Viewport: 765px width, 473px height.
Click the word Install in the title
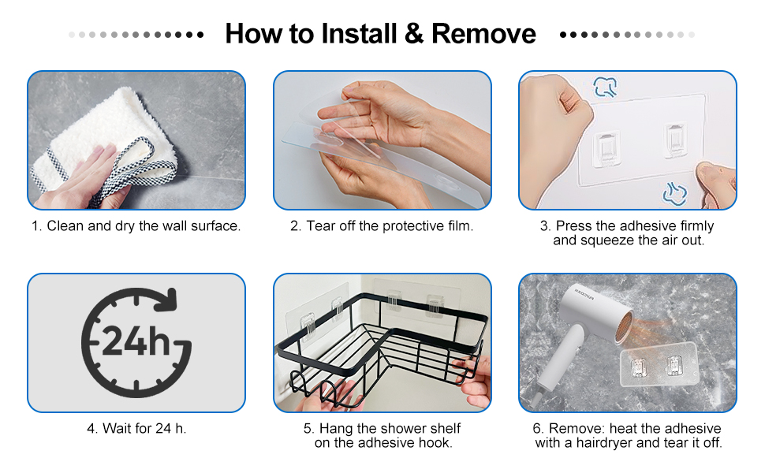point(359,34)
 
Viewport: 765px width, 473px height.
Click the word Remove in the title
point(483,34)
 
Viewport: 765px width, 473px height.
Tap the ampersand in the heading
point(414,34)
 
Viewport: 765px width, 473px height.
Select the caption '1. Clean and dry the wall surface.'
point(136,225)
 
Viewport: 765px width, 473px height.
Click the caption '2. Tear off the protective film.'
point(382,225)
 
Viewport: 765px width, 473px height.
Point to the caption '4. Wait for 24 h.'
point(136,428)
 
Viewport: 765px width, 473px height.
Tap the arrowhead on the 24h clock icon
point(166,300)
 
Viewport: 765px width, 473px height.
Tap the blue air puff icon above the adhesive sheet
point(606,88)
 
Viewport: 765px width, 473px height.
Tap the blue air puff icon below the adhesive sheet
point(675,193)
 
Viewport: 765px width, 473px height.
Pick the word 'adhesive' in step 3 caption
point(647,225)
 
